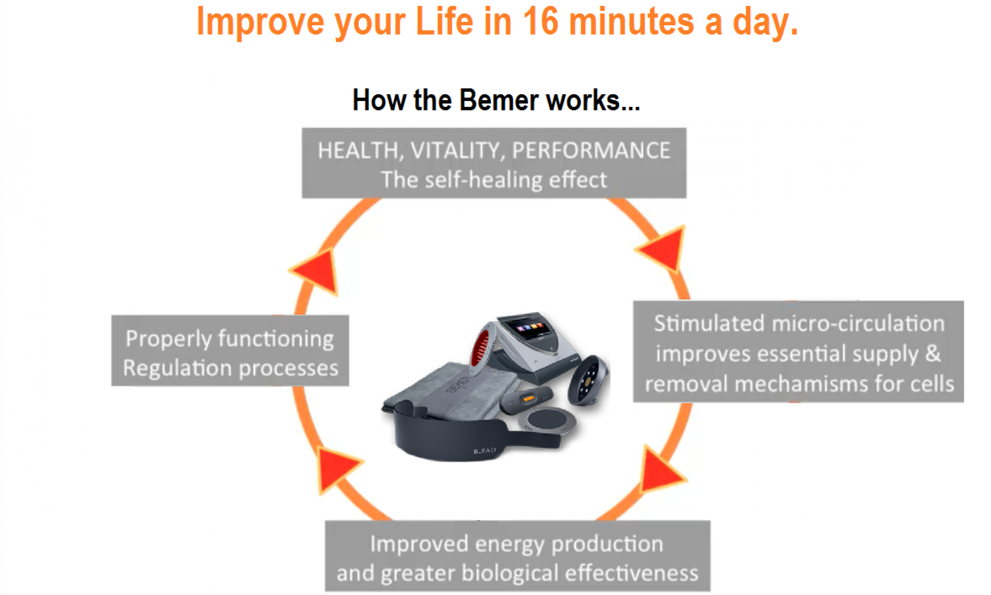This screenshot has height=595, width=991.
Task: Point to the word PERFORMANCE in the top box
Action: click(591, 151)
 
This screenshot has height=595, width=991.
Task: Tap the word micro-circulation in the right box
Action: click(858, 324)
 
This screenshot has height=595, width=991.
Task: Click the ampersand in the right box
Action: click(933, 354)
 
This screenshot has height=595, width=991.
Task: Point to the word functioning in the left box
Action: click(276, 339)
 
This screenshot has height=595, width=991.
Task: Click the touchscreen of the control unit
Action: click(529, 327)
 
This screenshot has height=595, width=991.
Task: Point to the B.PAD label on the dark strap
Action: click(484, 451)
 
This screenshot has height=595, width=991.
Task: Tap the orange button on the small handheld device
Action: click(529, 398)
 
